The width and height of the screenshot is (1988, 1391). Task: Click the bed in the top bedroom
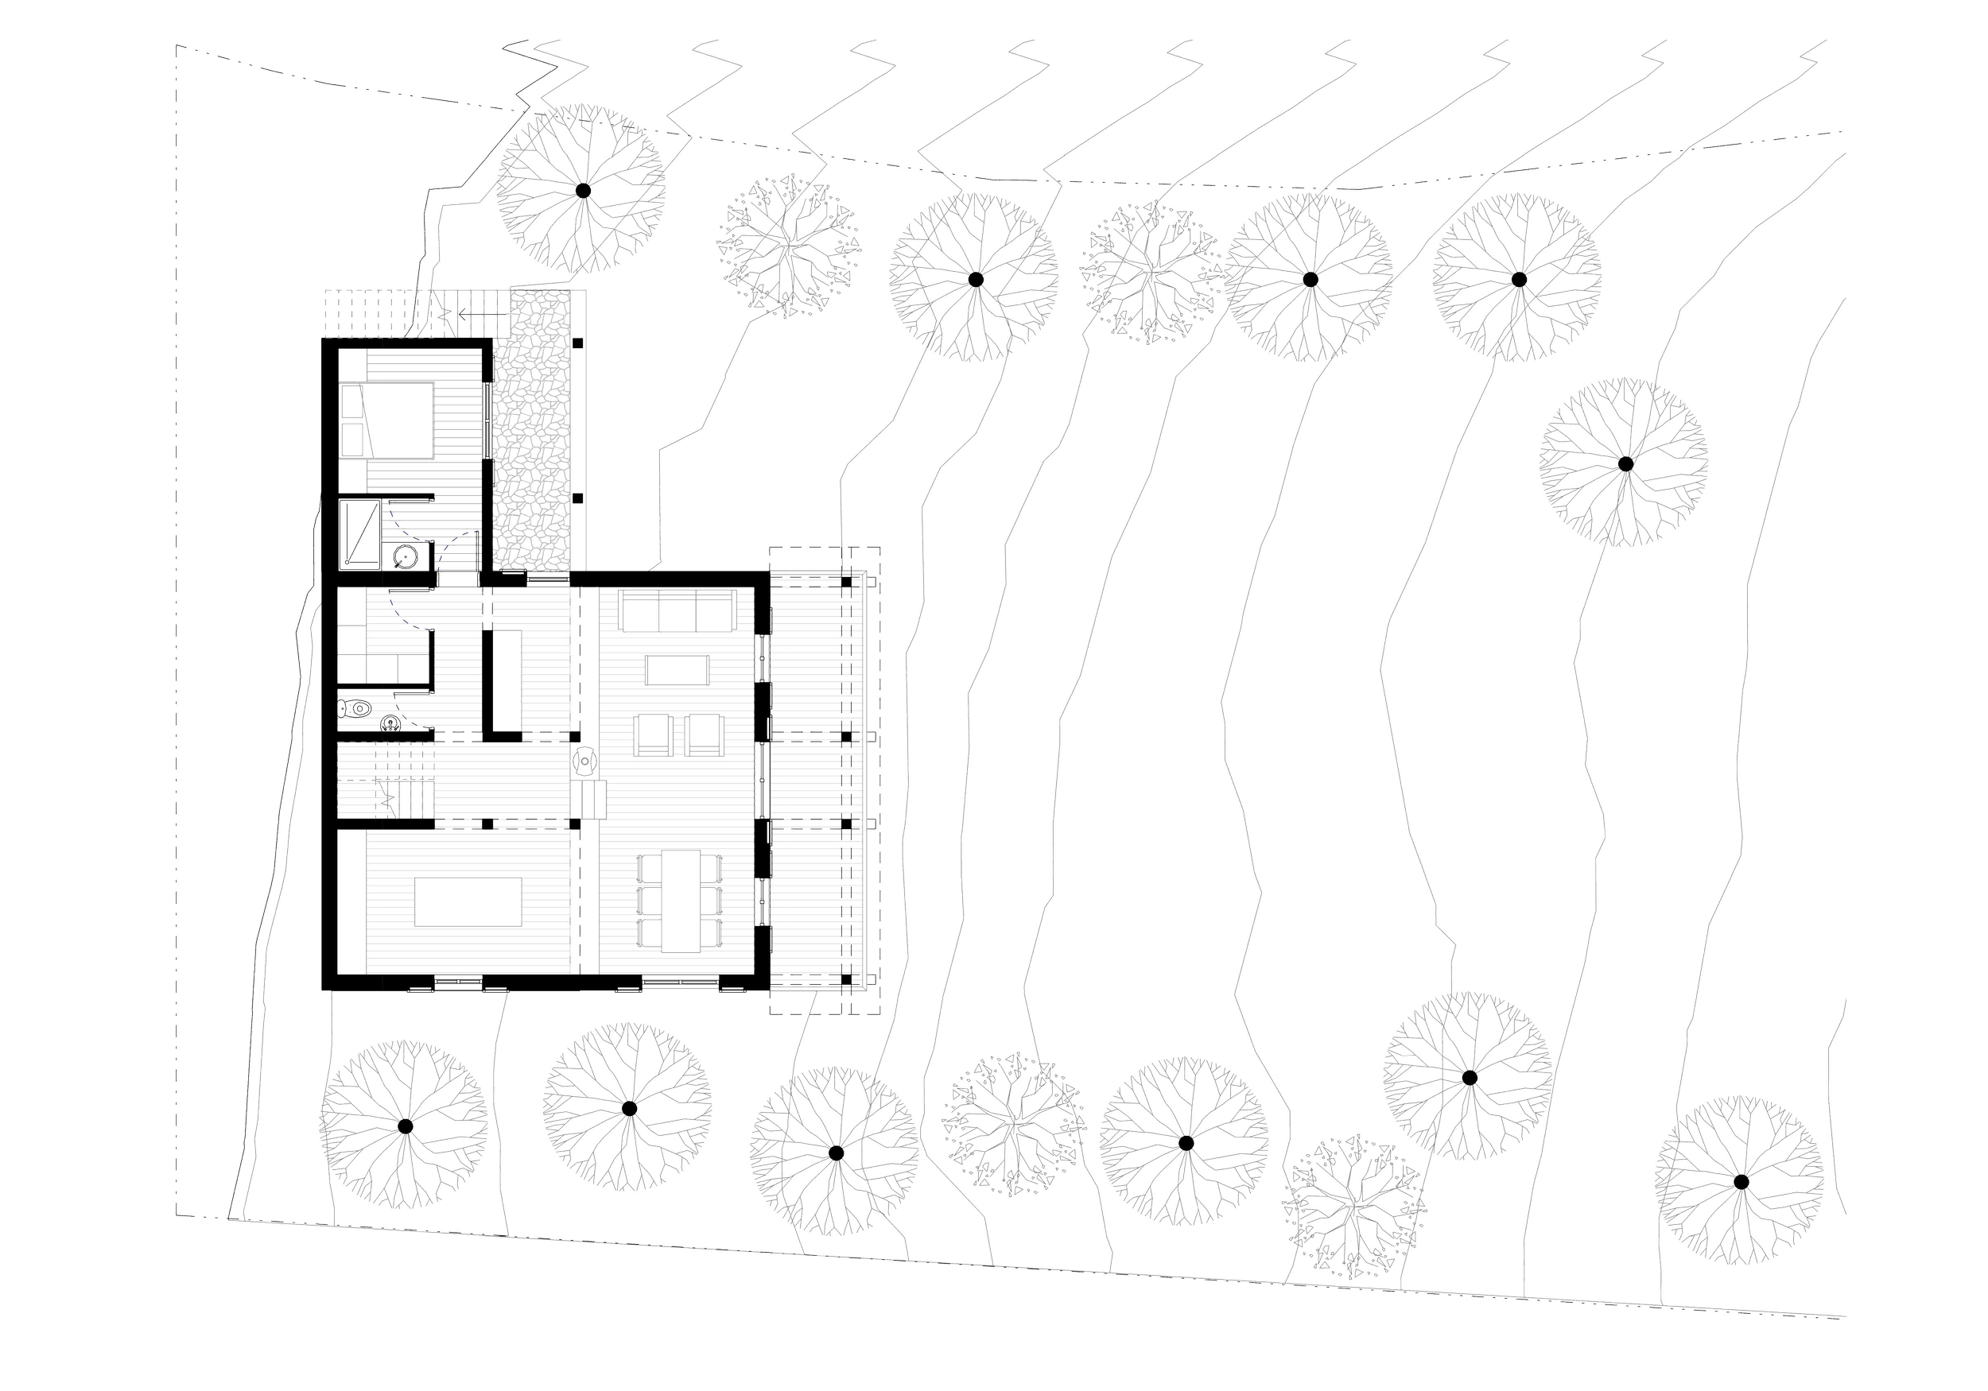(400, 420)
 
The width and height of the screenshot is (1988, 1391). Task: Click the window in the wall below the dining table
(679, 982)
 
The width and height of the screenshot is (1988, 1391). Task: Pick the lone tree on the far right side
(1625, 463)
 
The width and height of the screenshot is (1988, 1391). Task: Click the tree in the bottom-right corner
(1741, 1180)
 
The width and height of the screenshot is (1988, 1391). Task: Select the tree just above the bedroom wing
(583, 188)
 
